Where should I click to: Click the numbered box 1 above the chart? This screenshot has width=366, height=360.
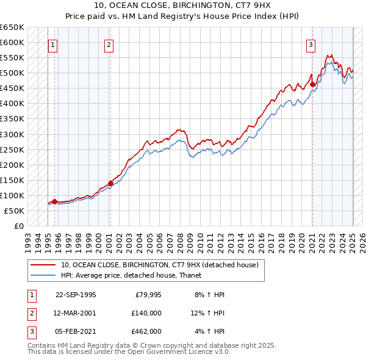tap(52, 44)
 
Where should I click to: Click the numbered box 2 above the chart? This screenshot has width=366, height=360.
tap(108, 44)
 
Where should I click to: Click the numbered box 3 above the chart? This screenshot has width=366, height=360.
tap(310, 44)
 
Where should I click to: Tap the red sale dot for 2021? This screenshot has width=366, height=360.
tap(312, 84)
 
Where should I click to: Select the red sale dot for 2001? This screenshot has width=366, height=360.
tap(110, 183)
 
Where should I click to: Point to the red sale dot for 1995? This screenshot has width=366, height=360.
tap(54, 201)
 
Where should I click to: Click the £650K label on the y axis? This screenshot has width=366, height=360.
tap(12, 27)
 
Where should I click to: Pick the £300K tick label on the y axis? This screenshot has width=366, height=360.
tap(12, 134)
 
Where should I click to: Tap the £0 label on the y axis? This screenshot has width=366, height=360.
tap(19, 226)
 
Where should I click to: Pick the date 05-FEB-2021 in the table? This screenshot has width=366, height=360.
tap(76, 331)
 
